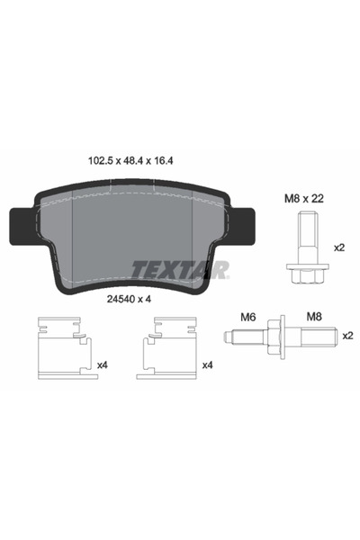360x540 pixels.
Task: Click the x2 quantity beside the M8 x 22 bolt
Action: tap(339, 247)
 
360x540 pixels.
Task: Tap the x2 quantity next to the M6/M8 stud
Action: tap(347, 335)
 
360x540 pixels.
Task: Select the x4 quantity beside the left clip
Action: tap(101, 365)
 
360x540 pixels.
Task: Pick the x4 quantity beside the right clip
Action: tap(208, 365)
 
